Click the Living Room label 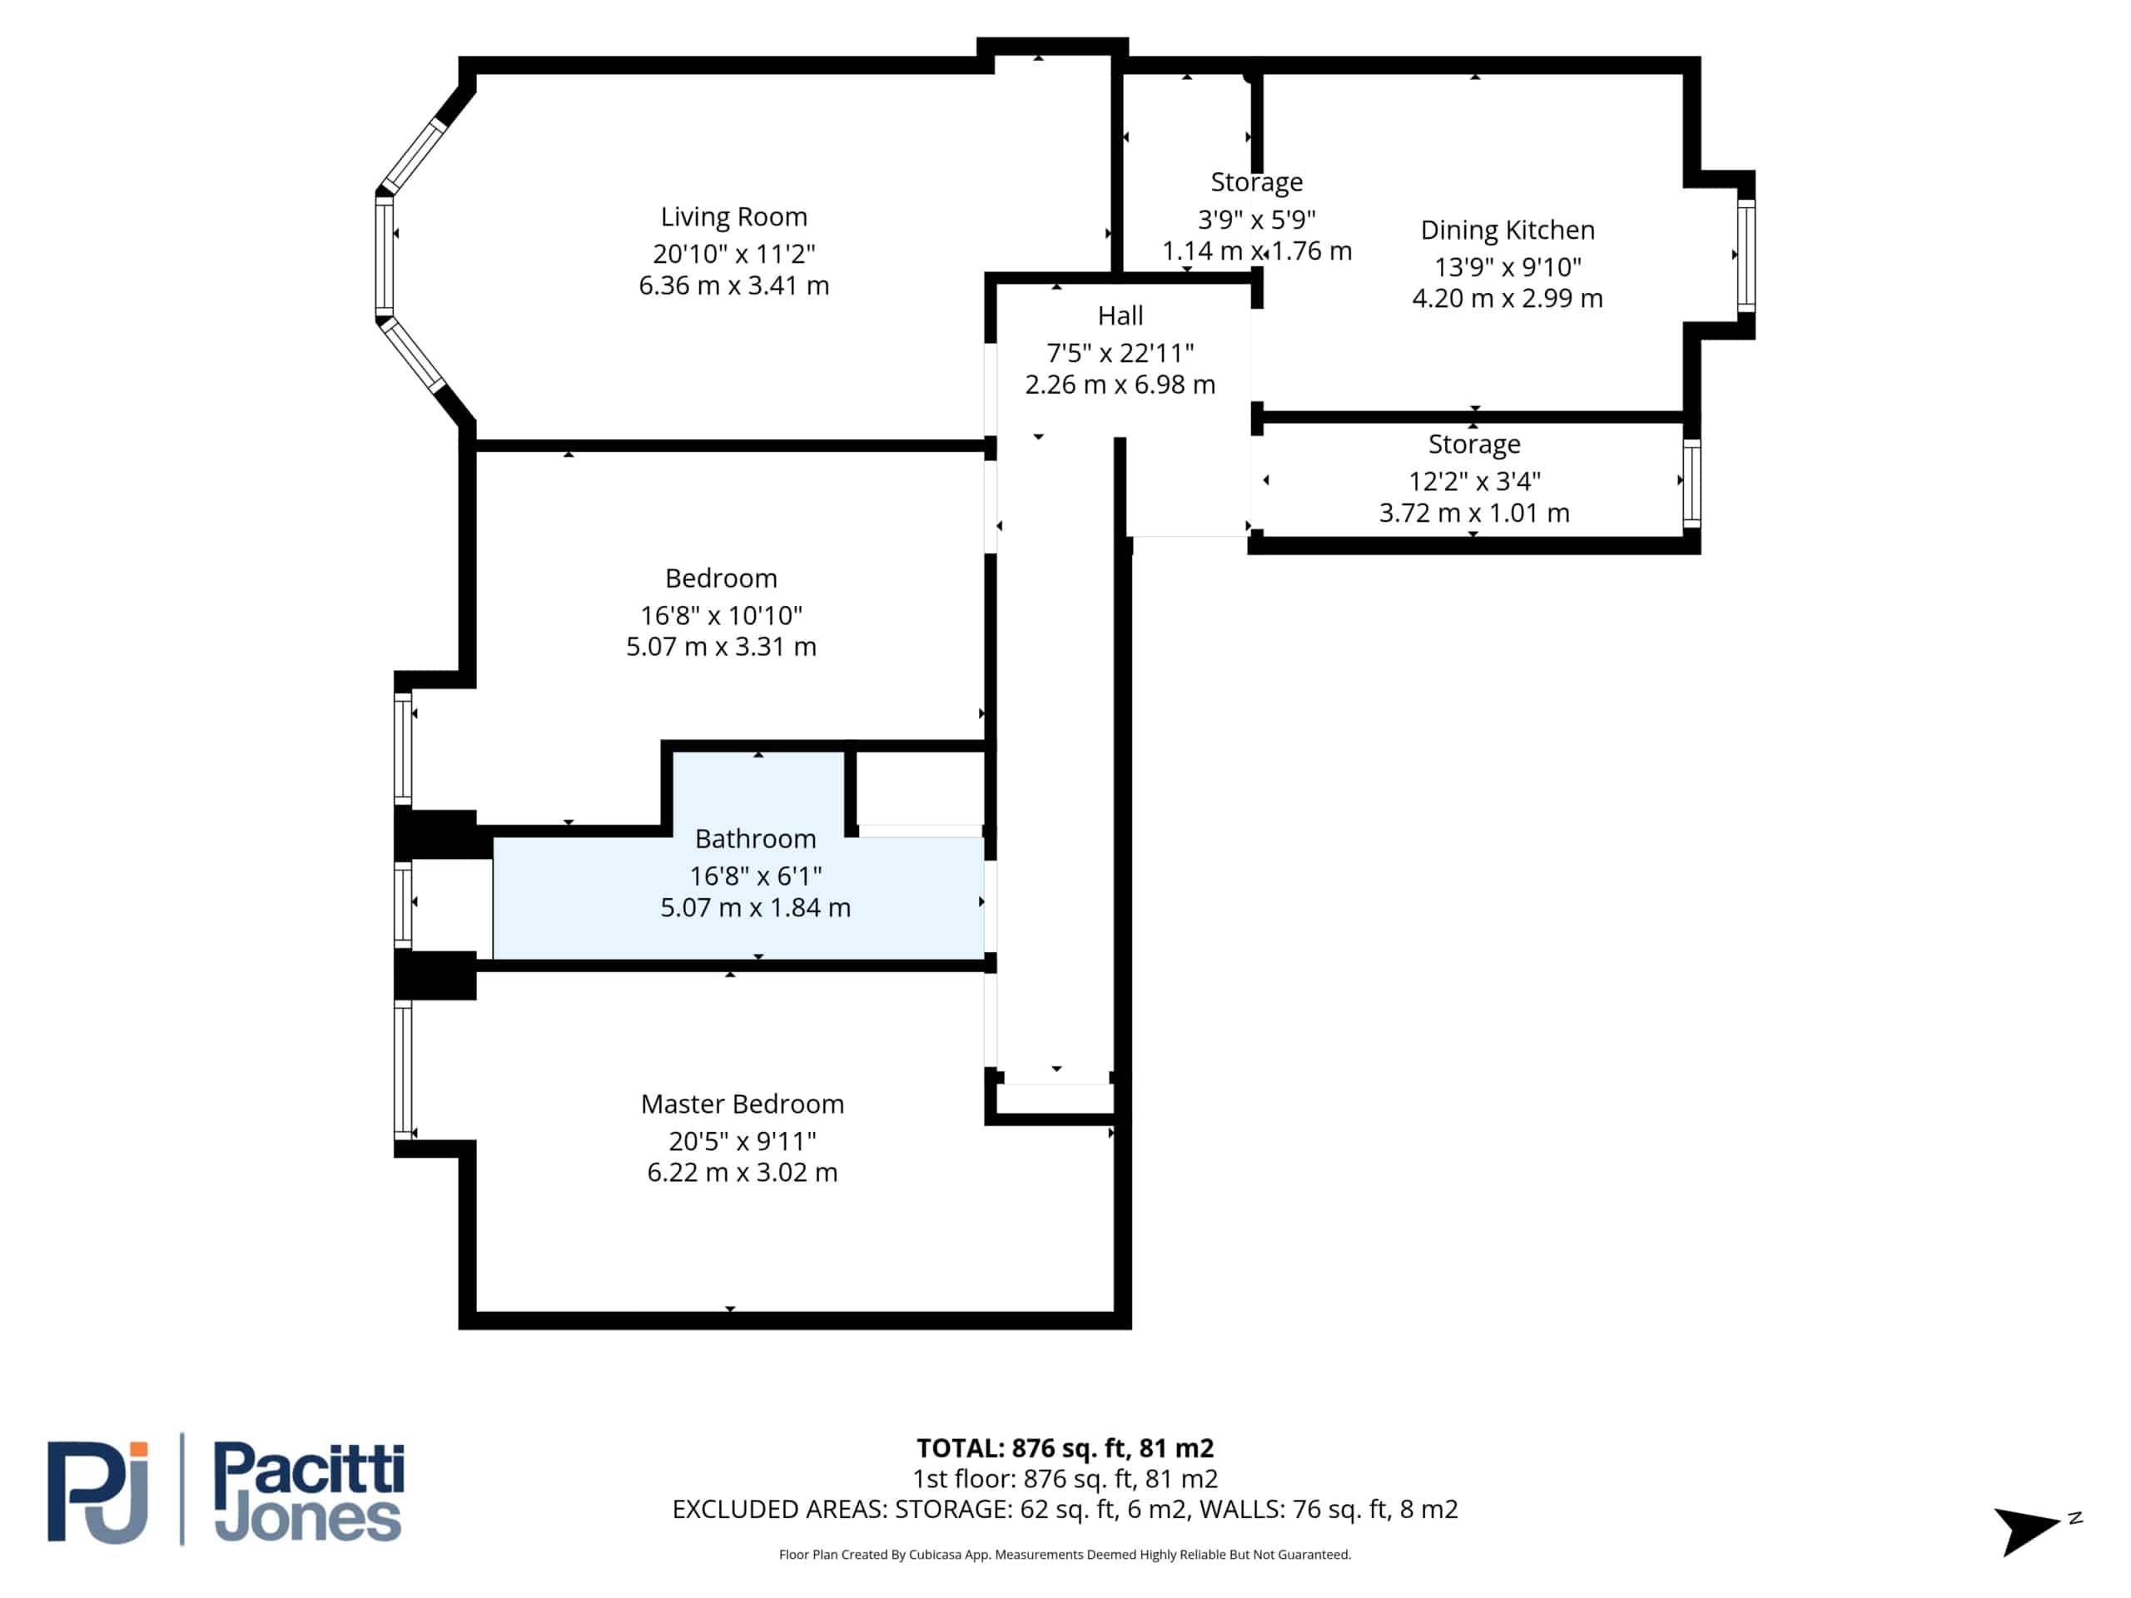point(734,216)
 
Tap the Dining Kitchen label point(1508,231)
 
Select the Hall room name point(1120,316)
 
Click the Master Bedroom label point(742,1104)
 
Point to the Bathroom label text point(755,839)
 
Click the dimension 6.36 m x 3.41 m point(734,286)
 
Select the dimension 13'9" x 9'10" point(1508,267)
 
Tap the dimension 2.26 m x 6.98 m point(1120,385)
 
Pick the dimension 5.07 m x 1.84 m point(755,908)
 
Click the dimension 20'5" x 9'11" point(742,1141)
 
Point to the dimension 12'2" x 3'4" point(1474,481)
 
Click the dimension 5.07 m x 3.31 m point(722,648)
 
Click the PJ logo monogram point(98,1492)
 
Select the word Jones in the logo point(307,1519)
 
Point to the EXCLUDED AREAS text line point(1065,1510)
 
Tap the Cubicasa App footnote point(1065,1555)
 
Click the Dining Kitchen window point(1746,256)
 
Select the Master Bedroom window point(403,1070)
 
